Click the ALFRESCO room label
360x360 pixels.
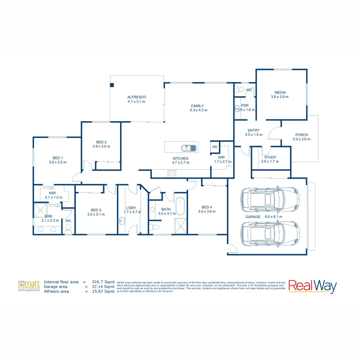pos(137,97)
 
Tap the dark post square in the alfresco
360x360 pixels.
pos(112,85)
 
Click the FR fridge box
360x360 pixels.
pos(214,147)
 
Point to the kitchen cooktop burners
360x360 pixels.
pos(172,173)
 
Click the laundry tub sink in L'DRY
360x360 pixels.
pos(122,221)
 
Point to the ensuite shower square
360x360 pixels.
pos(41,210)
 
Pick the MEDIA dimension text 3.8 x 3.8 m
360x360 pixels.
pos(280,97)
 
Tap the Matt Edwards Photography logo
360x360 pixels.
pos(29,286)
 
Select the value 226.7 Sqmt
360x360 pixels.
pos(103,282)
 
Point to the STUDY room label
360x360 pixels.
pos(270,157)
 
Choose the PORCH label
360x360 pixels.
pos(302,135)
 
